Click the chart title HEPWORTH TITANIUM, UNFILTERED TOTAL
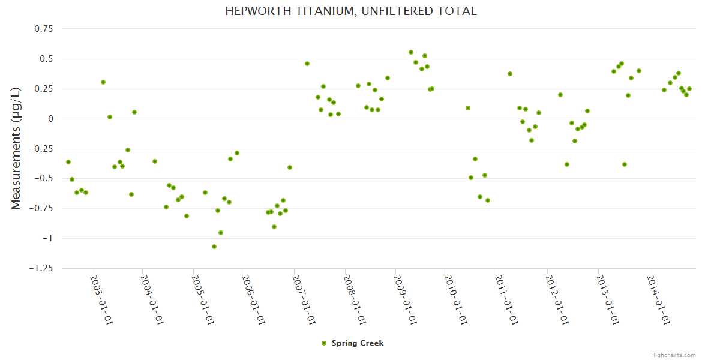[351, 11]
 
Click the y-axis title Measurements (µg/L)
[16, 148]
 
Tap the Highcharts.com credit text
[673, 355]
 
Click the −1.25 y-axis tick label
[41, 268]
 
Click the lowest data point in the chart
[214, 247]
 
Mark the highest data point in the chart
[411, 52]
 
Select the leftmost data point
[68, 162]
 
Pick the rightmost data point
[689, 89]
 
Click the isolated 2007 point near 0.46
[307, 64]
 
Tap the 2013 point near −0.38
[625, 164]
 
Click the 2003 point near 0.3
[103, 82]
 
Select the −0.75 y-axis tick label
[41, 208]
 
